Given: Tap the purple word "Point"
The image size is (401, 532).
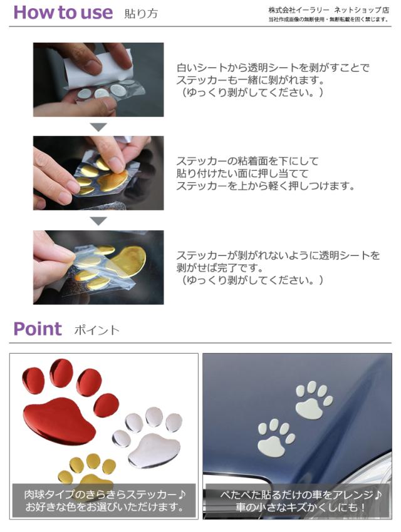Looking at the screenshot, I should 38,329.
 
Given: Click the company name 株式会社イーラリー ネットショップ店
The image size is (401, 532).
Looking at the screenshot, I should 328,11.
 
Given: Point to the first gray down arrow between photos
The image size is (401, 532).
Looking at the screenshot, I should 98,127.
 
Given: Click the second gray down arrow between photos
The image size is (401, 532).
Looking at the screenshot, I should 98,221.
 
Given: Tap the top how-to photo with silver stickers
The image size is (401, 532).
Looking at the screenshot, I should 98,79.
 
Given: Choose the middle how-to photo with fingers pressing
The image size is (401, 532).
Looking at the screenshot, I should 98,173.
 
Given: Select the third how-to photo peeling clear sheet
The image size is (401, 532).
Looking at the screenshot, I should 98,267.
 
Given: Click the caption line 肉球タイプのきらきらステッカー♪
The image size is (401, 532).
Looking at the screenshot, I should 103,494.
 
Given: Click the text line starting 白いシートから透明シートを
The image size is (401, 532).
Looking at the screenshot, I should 273,68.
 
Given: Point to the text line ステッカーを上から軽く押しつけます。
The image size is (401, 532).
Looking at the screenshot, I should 274,186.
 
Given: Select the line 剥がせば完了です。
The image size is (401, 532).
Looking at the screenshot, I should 226,268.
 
